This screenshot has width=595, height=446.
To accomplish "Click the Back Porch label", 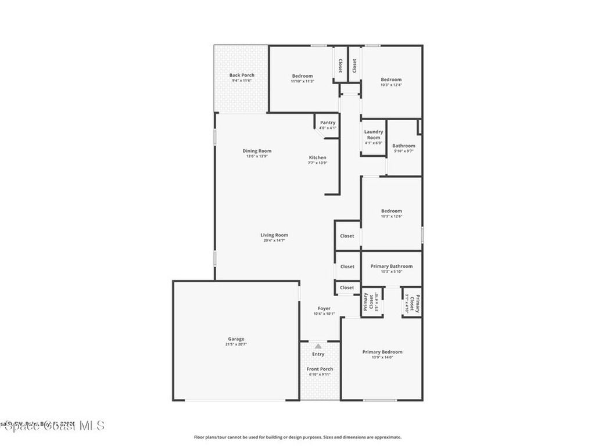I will (241, 75).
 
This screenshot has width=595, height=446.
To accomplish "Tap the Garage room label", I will (236, 339).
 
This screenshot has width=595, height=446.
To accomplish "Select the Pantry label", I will (328, 123).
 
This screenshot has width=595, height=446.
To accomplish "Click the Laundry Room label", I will (374, 135).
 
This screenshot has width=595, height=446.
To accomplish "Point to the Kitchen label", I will (317, 157).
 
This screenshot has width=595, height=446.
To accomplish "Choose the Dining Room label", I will (257, 151).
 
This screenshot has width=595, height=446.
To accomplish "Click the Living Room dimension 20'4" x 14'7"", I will (274, 240).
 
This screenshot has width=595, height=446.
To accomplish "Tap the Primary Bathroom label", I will (392, 266).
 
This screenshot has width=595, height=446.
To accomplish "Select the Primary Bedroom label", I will (382, 352).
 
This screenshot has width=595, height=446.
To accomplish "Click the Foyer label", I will (324, 308).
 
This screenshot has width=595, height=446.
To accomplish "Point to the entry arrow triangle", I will (318, 346).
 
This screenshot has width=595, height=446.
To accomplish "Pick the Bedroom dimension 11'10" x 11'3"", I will (302, 81).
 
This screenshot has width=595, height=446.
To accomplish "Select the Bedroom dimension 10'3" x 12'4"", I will (391, 85).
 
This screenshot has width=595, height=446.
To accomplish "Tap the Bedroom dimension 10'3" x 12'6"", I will (391, 216).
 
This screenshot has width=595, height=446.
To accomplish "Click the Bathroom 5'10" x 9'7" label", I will (404, 146).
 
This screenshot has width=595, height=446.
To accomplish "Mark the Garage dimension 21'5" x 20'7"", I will (236, 344).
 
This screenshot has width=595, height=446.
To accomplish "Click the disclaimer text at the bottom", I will (297, 437).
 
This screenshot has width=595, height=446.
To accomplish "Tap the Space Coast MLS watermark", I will (52, 426).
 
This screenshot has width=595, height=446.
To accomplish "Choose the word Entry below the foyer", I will (318, 354).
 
